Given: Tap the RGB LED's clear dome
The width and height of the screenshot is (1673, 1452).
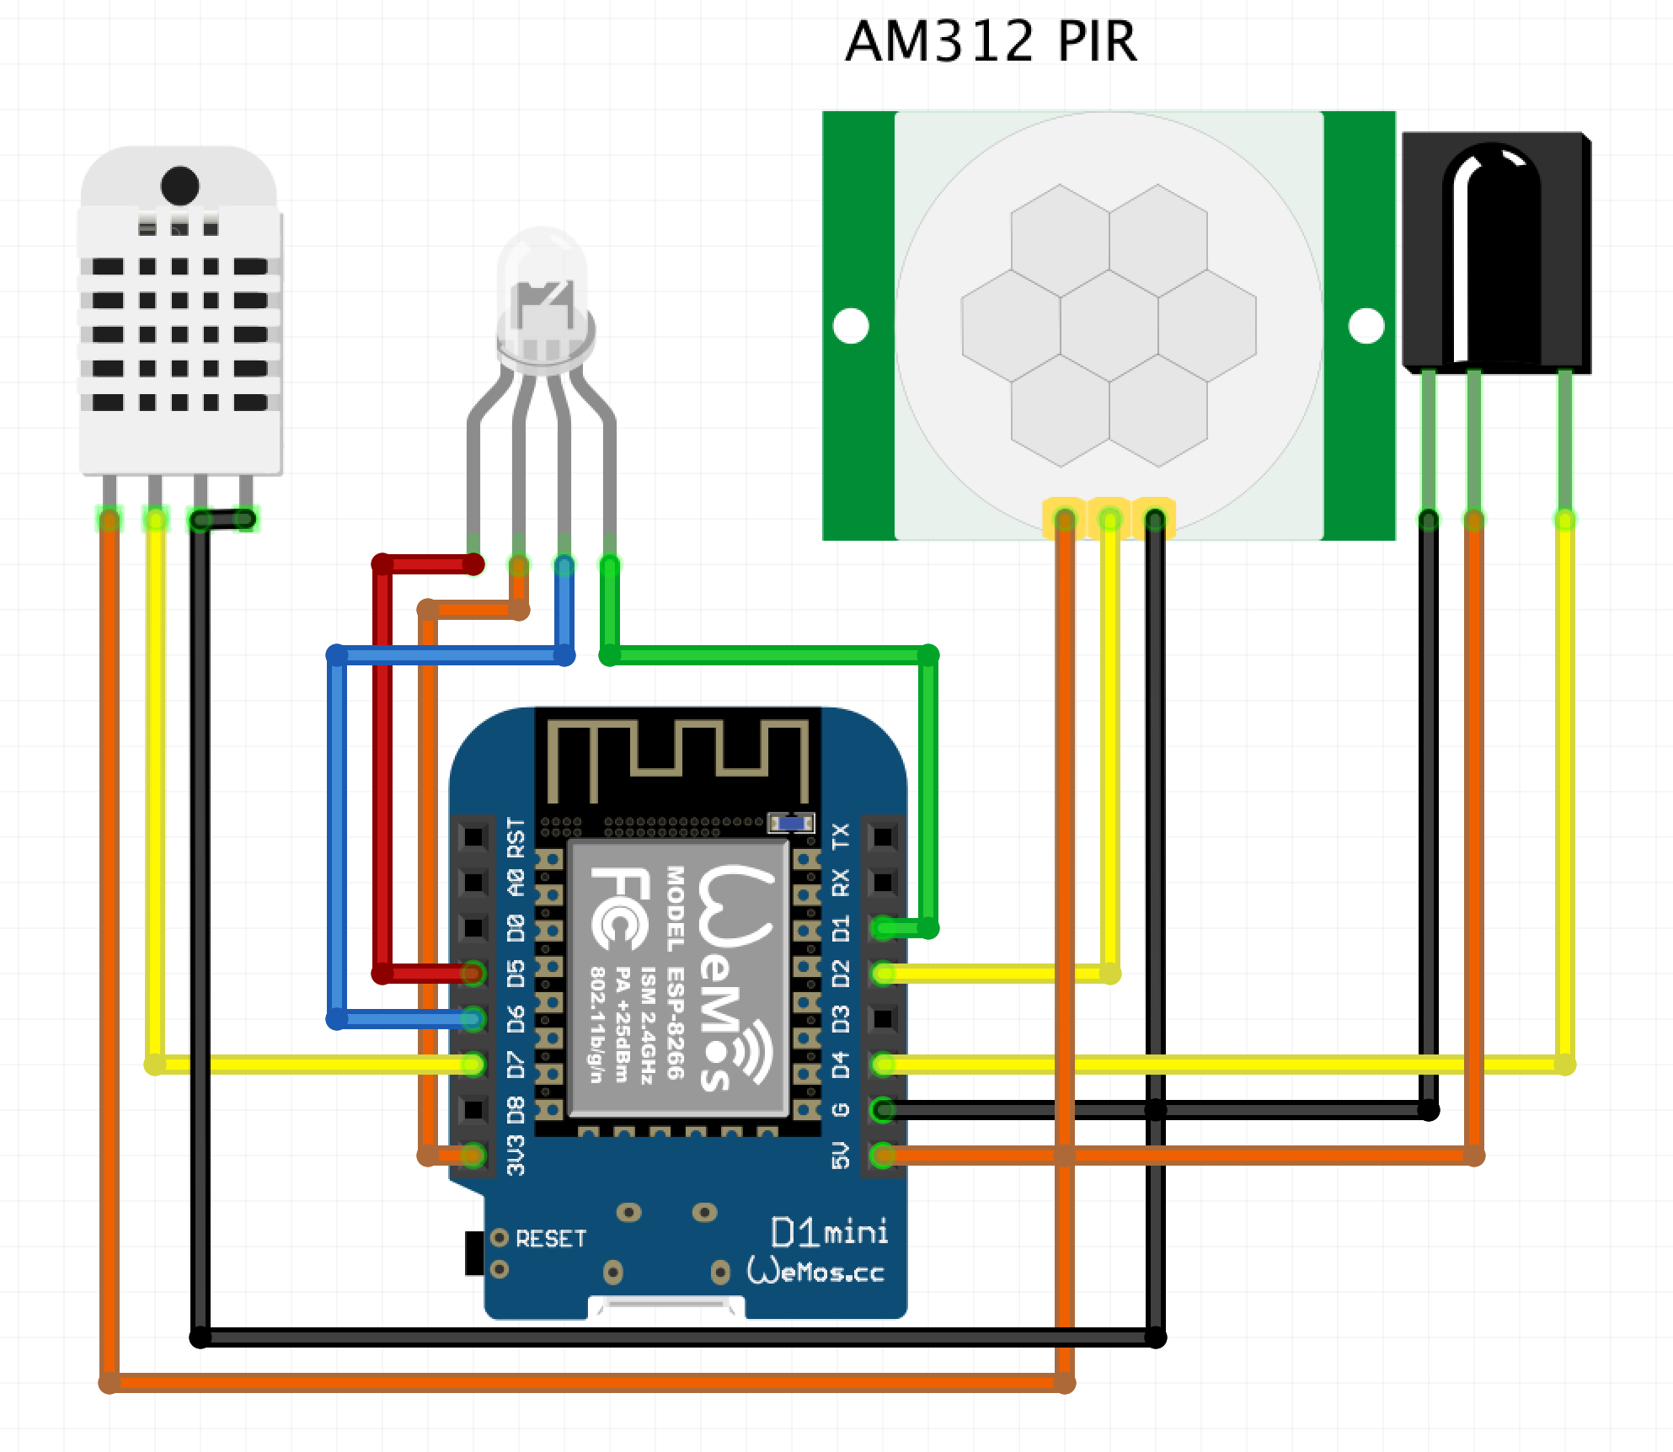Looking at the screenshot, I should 543,286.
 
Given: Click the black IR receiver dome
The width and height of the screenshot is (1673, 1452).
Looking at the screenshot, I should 1491,244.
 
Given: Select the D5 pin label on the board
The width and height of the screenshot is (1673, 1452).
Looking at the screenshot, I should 516,974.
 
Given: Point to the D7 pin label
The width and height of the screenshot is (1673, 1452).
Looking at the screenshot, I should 516,1065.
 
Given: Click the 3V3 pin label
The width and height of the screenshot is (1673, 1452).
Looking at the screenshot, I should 516,1156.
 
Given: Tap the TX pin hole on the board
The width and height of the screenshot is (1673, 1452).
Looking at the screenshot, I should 883,836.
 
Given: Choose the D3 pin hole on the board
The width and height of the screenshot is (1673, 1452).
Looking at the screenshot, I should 883,1019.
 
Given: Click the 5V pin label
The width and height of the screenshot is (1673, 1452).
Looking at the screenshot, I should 841,1156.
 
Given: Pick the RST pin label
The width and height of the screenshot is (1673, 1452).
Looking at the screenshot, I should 516,837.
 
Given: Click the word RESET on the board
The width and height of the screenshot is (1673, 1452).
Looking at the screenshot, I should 551,1239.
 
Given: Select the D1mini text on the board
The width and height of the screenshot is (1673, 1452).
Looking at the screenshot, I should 829,1233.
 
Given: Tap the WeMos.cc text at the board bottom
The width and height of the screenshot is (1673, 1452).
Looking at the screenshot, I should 815,1271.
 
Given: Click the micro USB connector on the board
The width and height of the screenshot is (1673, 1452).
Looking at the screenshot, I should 666,1307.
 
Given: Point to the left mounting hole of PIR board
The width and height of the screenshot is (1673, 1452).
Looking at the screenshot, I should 851,326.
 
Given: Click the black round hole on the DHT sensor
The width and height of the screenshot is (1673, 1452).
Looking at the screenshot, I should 179,185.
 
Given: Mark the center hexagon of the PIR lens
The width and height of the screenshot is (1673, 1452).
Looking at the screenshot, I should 1109,326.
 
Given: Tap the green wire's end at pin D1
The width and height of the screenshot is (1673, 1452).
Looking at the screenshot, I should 884,929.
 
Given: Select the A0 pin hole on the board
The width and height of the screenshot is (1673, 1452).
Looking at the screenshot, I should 473,882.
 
